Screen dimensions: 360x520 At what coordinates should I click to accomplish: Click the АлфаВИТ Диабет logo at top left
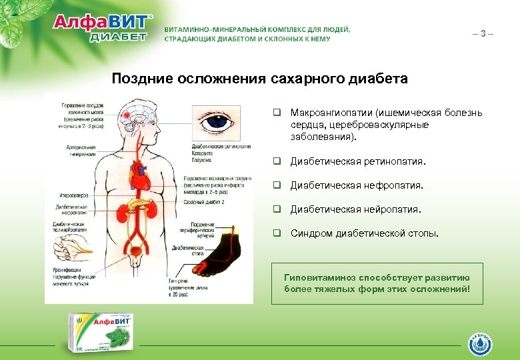(x=103, y=28)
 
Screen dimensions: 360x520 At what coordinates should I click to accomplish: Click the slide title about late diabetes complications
(x=259, y=79)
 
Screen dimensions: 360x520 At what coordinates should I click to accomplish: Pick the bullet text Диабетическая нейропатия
(x=355, y=209)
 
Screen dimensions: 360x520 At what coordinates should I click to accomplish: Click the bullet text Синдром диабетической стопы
(x=365, y=233)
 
